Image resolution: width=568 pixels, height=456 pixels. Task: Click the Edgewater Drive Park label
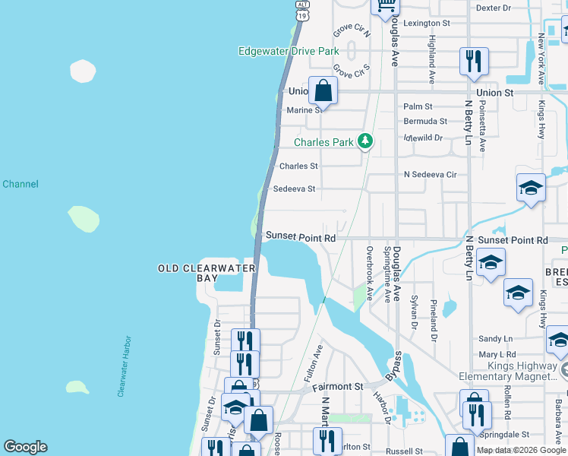pos(288,52)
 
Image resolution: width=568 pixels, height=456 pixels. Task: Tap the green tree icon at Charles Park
pos(365,141)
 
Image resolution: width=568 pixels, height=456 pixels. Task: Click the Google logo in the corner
pos(25,447)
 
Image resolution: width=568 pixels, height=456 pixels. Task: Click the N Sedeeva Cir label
pos(430,174)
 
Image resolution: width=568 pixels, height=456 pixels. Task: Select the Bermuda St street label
pos(425,121)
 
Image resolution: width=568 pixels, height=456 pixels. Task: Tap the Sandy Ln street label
pos(495,339)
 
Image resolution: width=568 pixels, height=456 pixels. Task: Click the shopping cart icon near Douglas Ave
pos(386,6)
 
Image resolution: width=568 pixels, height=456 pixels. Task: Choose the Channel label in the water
pos(21,184)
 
